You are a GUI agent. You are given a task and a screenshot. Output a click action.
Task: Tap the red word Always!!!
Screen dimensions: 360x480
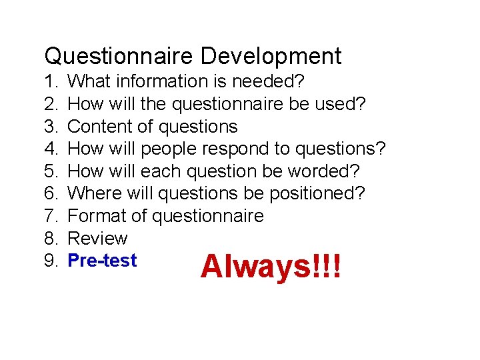coord(271,267)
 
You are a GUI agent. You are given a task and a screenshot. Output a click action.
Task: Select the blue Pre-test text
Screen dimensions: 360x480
coord(103,261)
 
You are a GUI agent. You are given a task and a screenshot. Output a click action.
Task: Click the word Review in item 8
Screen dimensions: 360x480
coord(98,238)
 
